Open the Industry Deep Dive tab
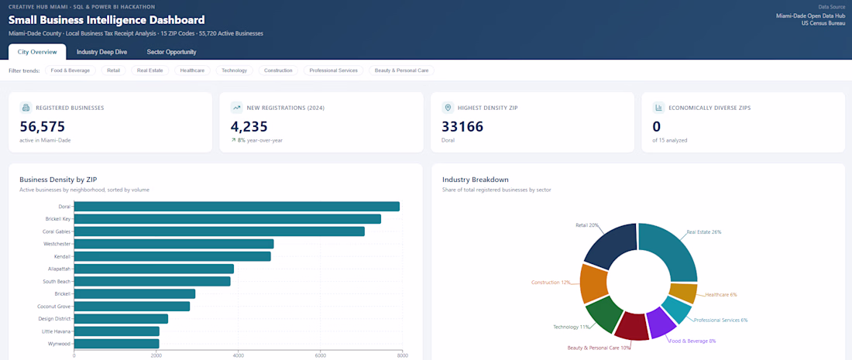pos(101,52)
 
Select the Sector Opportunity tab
pos(171,52)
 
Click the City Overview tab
pos(37,52)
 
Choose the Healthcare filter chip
pos(192,70)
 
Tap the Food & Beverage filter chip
pos(70,70)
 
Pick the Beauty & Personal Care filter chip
pos(401,70)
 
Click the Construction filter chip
pos(278,70)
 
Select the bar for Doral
pos(237,207)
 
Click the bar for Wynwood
pos(117,344)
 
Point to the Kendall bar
pos(172,256)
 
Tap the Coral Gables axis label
pos(57,231)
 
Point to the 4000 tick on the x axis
pos(238,356)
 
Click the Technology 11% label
pos(572,327)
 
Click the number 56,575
pos(43,126)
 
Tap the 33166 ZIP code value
pos(462,126)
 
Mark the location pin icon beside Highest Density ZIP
pos(448,108)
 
